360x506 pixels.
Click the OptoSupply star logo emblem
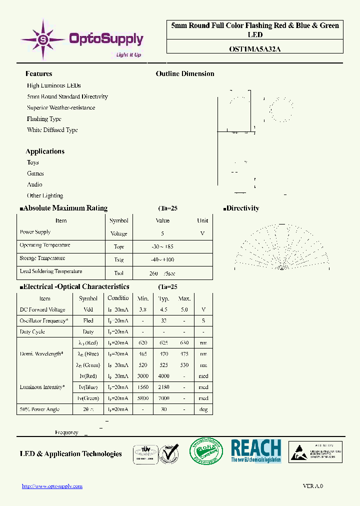(x=43, y=38)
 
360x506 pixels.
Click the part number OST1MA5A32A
(x=254, y=49)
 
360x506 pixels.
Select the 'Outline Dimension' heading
(x=185, y=73)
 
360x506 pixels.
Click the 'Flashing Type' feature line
(x=44, y=119)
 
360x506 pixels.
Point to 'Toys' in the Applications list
(x=33, y=162)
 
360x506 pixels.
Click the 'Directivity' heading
(x=242, y=208)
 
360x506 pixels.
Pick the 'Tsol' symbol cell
(x=118, y=273)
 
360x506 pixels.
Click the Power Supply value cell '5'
(x=162, y=233)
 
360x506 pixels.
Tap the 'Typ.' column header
(x=164, y=298)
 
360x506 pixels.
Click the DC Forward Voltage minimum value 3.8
(x=143, y=309)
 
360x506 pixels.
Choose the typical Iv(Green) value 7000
(x=164, y=398)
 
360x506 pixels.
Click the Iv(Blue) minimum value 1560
(x=143, y=387)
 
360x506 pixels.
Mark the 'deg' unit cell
(x=203, y=409)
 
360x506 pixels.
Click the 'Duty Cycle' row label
(x=32, y=331)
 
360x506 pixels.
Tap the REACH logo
(x=256, y=450)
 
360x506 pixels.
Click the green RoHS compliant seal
(x=205, y=451)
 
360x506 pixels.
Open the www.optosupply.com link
(x=52, y=486)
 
